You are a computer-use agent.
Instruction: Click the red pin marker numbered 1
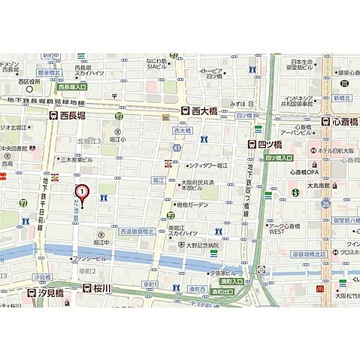(x=83, y=192)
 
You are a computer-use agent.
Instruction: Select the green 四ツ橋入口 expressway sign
(x=279, y=159)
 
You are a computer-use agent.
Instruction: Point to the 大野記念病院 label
(x=197, y=245)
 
